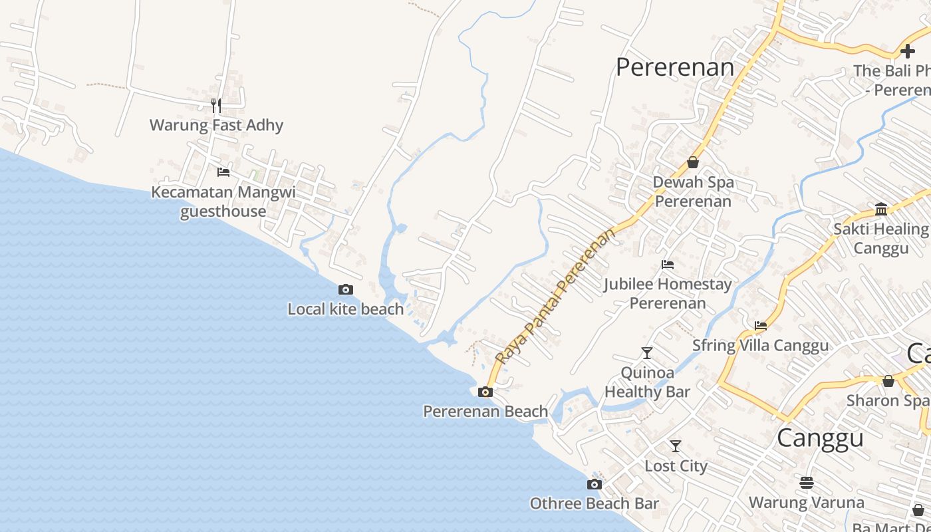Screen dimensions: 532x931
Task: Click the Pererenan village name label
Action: pos(675,67)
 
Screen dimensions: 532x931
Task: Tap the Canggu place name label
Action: pos(820,438)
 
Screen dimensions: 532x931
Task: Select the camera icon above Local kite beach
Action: pos(346,289)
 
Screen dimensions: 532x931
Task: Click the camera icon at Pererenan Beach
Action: pos(485,392)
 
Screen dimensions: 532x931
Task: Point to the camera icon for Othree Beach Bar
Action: pos(595,484)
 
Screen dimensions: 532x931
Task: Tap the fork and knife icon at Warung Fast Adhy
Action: pos(216,105)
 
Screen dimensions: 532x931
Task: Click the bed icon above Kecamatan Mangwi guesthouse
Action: pos(223,172)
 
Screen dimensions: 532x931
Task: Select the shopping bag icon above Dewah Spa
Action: pos(693,162)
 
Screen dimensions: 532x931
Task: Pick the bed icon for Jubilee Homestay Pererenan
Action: pos(668,265)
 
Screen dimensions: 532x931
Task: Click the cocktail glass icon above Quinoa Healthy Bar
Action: pos(647,352)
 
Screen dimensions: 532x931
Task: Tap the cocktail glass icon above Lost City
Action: pos(676,446)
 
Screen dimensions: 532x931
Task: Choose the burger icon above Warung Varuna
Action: pos(807,482)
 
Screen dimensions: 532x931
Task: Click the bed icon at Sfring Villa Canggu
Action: pos(761,326)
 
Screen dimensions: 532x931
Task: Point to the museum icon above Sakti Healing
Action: pos(882,209)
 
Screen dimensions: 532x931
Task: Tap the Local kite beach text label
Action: pos(346,309)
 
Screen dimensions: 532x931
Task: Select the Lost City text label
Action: pos(676,466)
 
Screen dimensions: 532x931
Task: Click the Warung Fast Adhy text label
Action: pos(216,125)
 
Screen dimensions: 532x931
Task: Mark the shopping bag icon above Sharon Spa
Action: pos(888,381)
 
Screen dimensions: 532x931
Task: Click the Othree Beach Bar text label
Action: pos(595,504)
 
